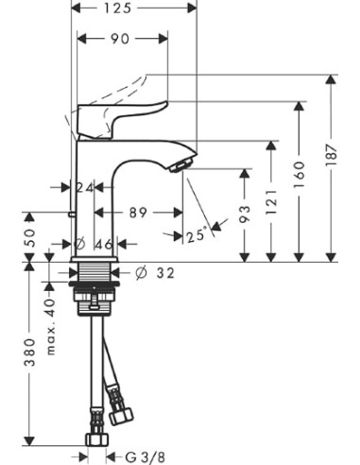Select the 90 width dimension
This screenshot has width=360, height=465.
pos(120,39)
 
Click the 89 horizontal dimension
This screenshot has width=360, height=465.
pos(139,214)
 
